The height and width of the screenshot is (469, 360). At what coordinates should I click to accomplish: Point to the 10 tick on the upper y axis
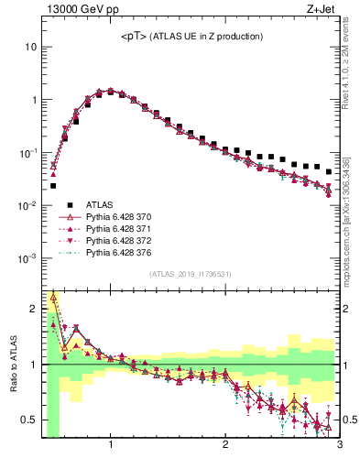click(30, 46)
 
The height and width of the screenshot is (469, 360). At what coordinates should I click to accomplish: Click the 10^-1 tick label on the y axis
click(25, 152)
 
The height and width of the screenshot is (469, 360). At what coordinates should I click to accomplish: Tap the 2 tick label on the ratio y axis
click(32, 309)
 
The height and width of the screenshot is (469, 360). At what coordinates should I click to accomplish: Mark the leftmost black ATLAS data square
click(53, 186)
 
